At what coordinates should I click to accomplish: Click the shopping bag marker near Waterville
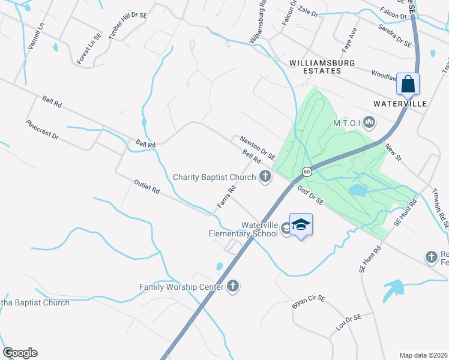click(x=408, y=85)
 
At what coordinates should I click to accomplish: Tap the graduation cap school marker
click(x=301, y=225)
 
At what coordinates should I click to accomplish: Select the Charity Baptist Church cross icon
click(x=265, y=176)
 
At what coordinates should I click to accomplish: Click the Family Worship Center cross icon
click(x=233, y=287)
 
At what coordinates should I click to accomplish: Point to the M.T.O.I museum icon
click(x=369, y=123)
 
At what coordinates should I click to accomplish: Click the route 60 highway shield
click(x=306, y=172)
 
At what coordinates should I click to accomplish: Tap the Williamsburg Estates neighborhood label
click(x=322, y=67)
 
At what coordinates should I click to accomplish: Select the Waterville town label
click(x=400, y=104)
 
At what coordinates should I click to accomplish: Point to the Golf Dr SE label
click(x=310, y=196)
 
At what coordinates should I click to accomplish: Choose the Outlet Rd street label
click(x=146, y=187)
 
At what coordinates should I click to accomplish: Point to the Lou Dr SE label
click(x=349, y=324)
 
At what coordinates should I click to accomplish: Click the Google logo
click(x=20, y=353)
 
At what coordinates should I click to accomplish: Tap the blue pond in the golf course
click(x=358, y=191)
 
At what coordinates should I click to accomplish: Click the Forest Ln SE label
click(x=89, y=49)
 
